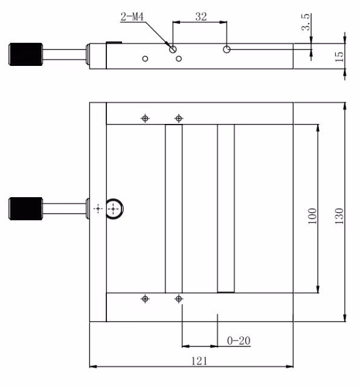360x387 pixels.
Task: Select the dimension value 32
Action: point(201,17)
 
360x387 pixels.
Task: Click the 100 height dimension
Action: point(312,216)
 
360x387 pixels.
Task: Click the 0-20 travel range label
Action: point(239,340)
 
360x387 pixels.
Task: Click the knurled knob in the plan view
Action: point(25,208)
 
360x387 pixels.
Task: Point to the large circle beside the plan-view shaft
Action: point(114,208)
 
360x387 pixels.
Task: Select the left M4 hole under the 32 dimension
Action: point(173,50)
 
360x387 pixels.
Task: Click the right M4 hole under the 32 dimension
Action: point(227,50)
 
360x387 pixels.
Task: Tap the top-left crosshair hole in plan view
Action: point(145,118)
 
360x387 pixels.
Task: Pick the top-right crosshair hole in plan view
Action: point(178,118)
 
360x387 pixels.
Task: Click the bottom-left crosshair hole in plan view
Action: point(145,299)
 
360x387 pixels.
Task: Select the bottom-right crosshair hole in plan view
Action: point(178,299)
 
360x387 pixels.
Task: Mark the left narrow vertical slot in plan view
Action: point(173,209)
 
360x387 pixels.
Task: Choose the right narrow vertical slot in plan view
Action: point(226,209)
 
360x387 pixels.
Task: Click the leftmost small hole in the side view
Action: point(145,59)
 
